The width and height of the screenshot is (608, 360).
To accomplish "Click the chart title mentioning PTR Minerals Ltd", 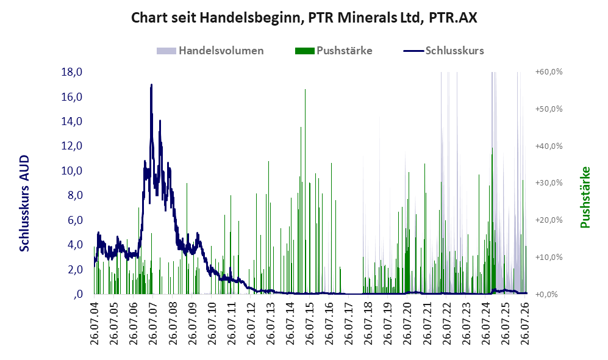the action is click(x=304, y=18).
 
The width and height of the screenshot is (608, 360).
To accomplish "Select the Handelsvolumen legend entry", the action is click(x=210, y=51).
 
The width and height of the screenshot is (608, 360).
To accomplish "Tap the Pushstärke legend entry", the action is click(x=334, y=51).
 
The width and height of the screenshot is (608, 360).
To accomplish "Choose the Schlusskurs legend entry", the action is click(x=443, y=51).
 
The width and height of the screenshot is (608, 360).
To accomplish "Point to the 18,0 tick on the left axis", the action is click(x=72, y=72).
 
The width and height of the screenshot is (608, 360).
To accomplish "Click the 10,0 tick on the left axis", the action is click(x=72, y=171).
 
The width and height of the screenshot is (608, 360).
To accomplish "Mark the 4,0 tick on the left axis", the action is click(x=75, y=245).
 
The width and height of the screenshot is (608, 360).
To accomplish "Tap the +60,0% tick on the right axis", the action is click(x=549, y=72).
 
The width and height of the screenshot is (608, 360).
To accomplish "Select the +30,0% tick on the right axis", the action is click(x=549, y=183).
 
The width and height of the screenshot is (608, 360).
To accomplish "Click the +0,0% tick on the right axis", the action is click(x=547, y=295).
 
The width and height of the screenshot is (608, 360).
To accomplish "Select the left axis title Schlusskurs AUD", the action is click(x=24, y=203).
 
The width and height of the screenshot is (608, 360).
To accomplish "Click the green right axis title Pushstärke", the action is click(x=585, y=198).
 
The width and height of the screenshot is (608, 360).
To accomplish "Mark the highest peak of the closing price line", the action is click(x=151, y=85).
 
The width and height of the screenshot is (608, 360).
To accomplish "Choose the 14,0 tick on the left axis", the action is click(x=72, y=121).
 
